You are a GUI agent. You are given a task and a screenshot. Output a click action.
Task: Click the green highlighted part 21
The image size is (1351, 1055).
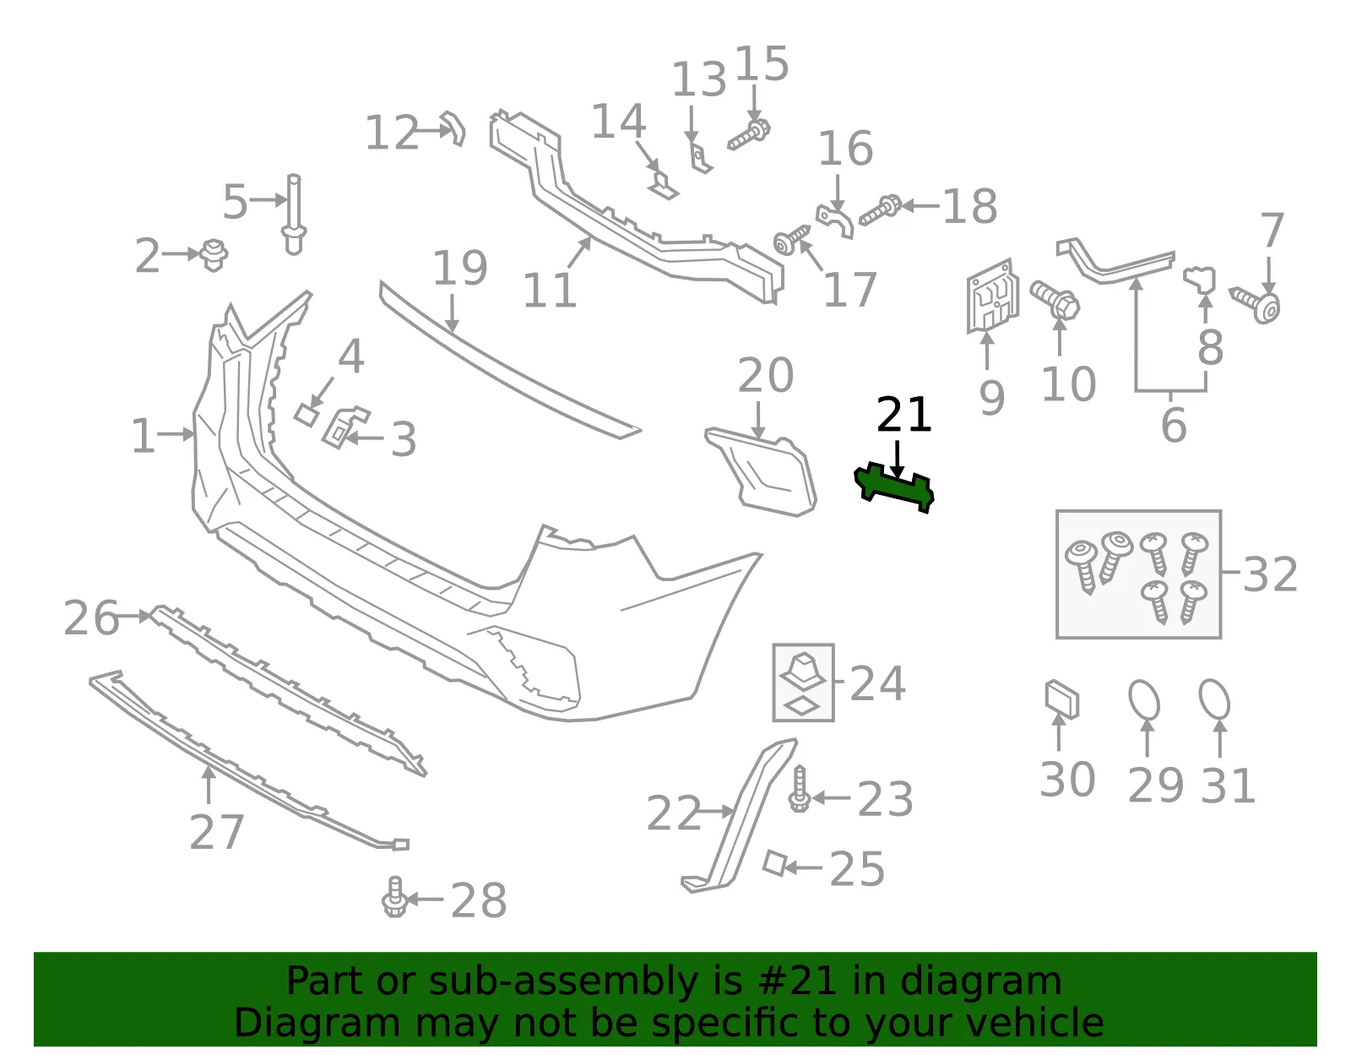tap(894, 488)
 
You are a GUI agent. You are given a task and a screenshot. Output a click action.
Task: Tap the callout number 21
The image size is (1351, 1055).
tap(904, 415)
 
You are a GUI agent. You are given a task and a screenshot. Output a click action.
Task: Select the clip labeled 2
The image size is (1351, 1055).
tap(214, 255)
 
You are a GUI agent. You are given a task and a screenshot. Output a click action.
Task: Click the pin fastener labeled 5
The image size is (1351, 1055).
tap(294, 215)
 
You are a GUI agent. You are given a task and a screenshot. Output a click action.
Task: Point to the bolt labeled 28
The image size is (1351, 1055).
tap(394, 898)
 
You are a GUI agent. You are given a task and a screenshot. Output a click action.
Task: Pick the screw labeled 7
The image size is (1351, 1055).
tap(1256, 305)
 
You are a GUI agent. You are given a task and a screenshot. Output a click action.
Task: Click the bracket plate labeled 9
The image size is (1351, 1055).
tap(993, 296)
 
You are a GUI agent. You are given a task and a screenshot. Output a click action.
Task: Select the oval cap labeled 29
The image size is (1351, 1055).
tap(1145, 699)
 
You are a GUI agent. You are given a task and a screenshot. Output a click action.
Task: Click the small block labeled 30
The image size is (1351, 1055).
tap(1062, 699)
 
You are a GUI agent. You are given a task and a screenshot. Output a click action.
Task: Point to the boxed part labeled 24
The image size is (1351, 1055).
tap(803, 682)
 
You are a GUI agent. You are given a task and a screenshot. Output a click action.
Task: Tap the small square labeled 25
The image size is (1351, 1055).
tap(775, 863)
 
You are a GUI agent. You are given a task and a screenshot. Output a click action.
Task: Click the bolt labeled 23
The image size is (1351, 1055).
tap(799, 788)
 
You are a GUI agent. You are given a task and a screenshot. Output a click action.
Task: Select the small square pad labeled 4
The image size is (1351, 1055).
tap(307, 415)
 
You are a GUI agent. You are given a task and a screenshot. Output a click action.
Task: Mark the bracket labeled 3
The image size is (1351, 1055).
tap(344, 427)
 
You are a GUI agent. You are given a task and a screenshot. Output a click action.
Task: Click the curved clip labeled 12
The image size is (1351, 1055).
tap(453, 128)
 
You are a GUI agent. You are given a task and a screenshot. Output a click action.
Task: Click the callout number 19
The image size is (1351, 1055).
tap(459, 269)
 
